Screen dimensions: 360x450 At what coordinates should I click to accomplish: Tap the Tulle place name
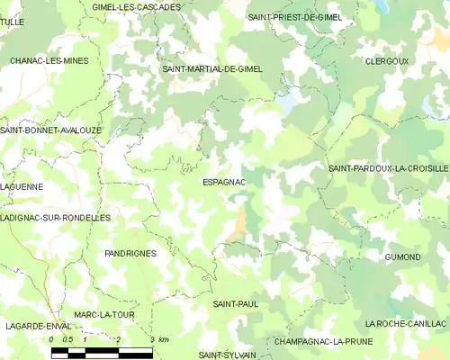(13, 22)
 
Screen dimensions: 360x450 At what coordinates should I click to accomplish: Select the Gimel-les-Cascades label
(137, 6)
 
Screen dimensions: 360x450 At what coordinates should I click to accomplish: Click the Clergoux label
(388, 61)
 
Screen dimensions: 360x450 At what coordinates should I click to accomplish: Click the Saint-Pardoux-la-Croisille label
(388, 168)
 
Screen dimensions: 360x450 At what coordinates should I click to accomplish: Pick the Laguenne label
(22, 186)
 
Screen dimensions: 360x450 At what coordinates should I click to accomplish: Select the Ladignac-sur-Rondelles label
(56, 218)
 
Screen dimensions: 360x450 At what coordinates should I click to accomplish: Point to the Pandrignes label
(130, 254)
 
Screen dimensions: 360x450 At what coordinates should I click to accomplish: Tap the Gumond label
(402, 257)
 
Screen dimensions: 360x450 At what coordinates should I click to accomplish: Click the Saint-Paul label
(236, 305)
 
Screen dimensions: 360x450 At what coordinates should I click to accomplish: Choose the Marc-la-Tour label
(105, 314)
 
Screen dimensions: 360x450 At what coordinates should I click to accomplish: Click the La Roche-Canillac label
(405, 323)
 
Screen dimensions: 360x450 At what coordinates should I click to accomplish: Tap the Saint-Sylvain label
(228, 355)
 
